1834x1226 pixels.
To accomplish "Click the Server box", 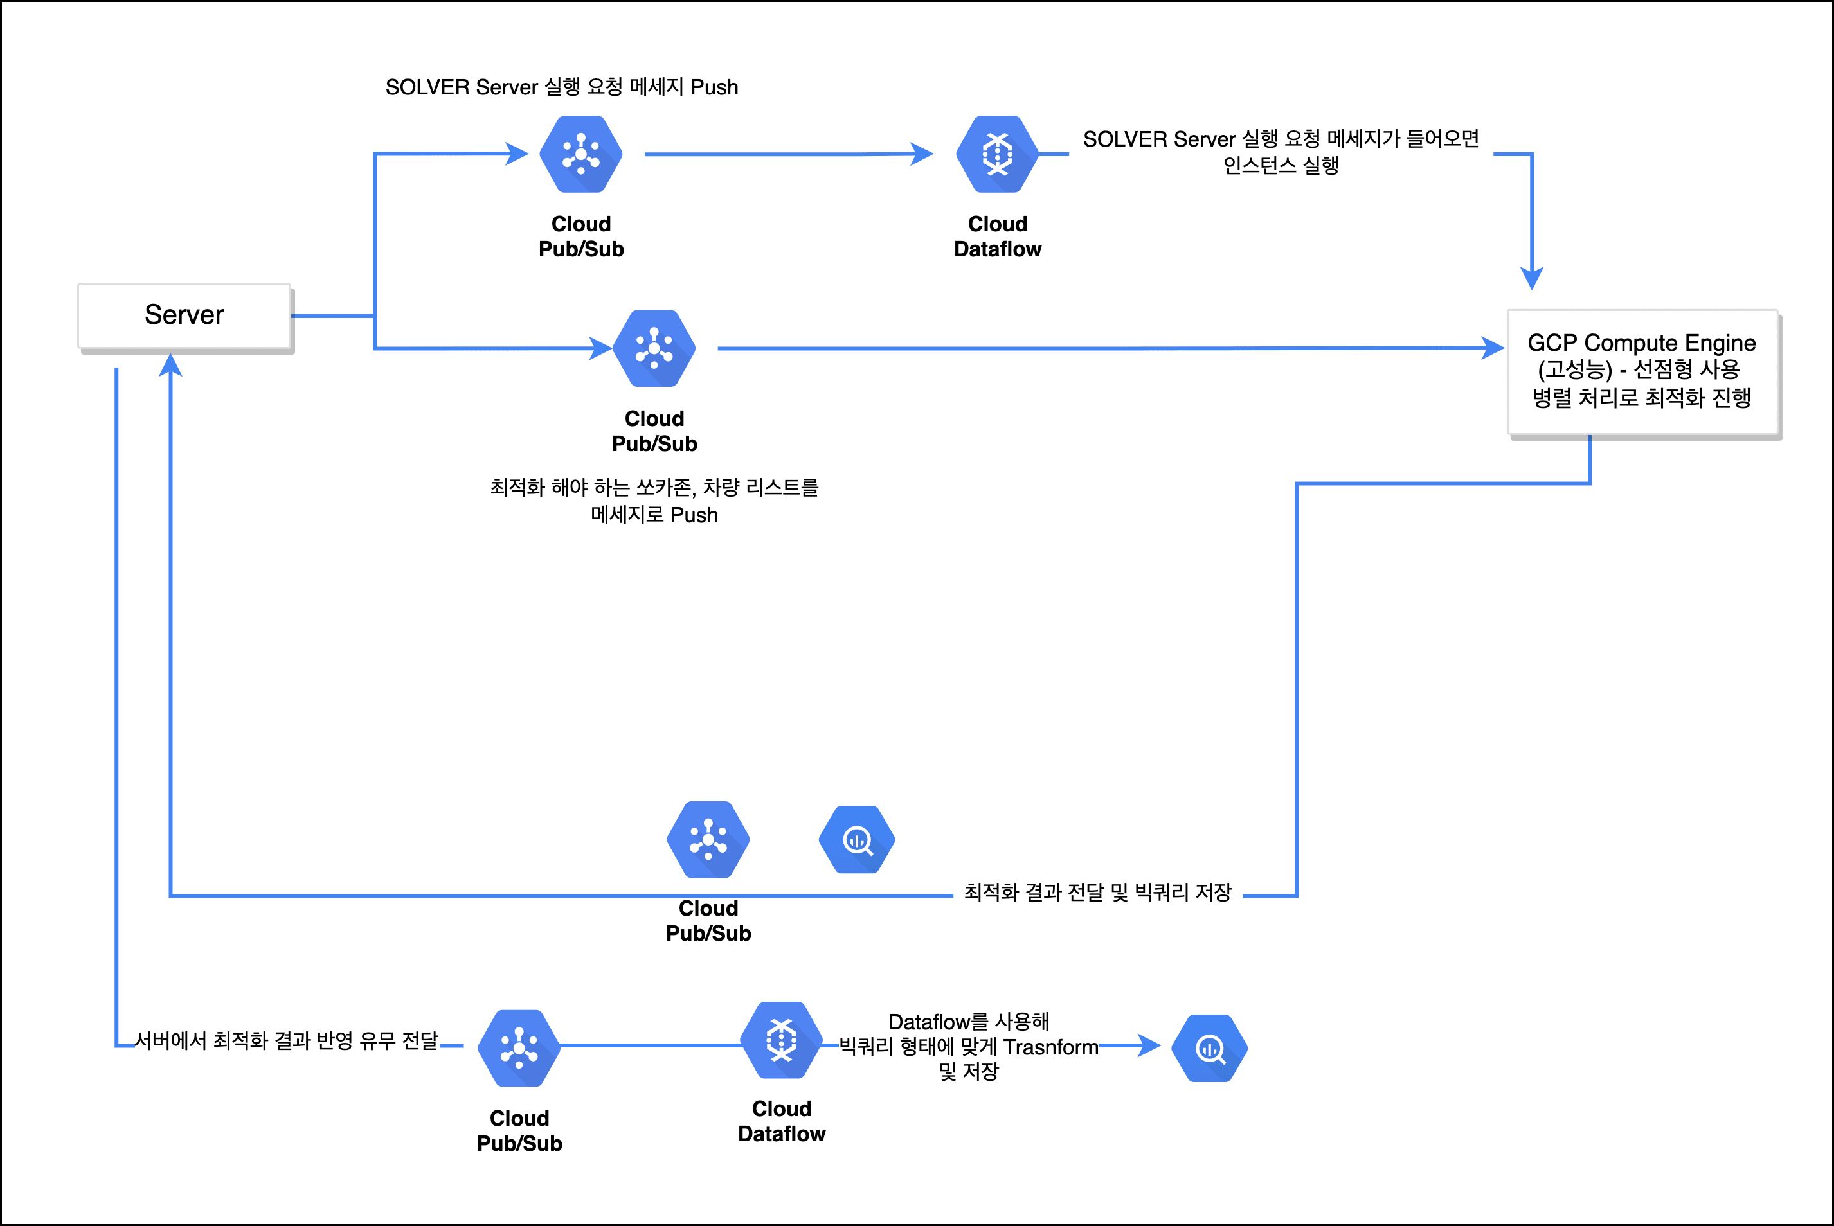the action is [184, 316].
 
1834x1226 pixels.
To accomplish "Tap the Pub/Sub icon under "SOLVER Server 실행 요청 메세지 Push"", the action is [581, 154].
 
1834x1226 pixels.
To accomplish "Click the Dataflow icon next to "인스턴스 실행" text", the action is [997, 154].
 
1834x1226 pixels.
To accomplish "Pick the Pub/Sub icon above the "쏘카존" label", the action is [654, 349].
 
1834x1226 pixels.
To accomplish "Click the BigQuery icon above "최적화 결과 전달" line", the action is [857, 840].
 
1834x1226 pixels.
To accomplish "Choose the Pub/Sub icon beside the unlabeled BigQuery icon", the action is [708, 840].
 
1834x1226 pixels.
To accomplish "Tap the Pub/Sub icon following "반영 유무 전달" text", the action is [519, 1049].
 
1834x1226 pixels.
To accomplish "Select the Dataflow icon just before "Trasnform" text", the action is [781, 1040].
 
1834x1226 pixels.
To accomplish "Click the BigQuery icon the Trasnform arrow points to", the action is [1210, 1049].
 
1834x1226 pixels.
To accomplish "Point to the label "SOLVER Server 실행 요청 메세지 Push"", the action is [562, 87].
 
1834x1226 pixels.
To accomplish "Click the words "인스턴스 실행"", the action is [1281, 166].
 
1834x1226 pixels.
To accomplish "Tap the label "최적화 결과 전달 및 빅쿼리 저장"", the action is [1097, 892].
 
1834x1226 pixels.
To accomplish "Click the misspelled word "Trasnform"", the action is [1050, 1047].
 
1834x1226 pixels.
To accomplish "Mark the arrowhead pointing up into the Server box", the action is [170, 364].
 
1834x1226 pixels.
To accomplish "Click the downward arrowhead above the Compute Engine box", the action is [1531, 278].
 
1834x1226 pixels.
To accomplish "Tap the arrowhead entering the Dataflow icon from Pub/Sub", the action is [923, 154].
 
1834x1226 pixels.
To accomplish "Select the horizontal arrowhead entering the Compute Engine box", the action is [1494, 348].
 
